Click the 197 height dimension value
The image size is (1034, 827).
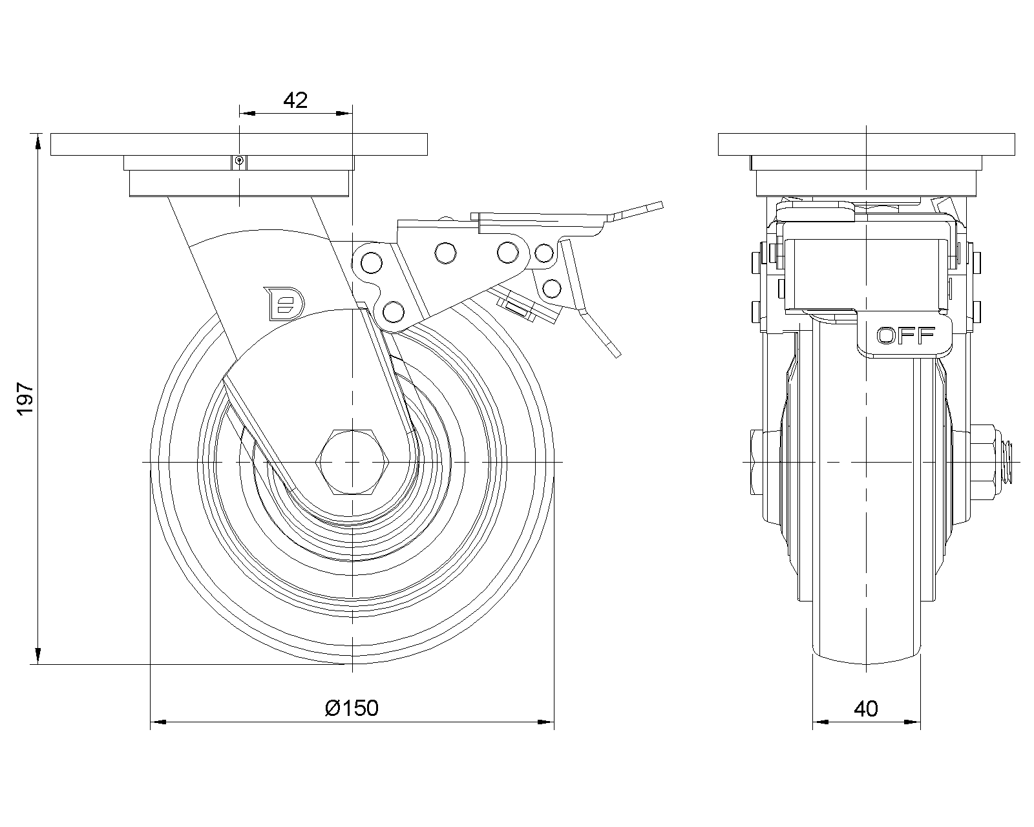pyautogui.click(x=25, y=399)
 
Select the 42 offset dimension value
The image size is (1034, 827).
pyautogui.click(x=295, y=100)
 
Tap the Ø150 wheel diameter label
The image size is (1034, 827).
pyautogui.click(x=352, y=708)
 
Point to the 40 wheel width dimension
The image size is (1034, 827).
pyautogui.click(x=866, y=709)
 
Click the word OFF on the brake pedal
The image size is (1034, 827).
pyautogui.click(x=905, y=336)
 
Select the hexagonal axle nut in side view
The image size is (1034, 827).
pyautogui.click(x=352, y=462)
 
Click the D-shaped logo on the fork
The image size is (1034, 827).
pyautogui.click(x=284, y=304)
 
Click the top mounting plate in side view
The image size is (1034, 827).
pyautogui.click(x=867, y=144)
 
